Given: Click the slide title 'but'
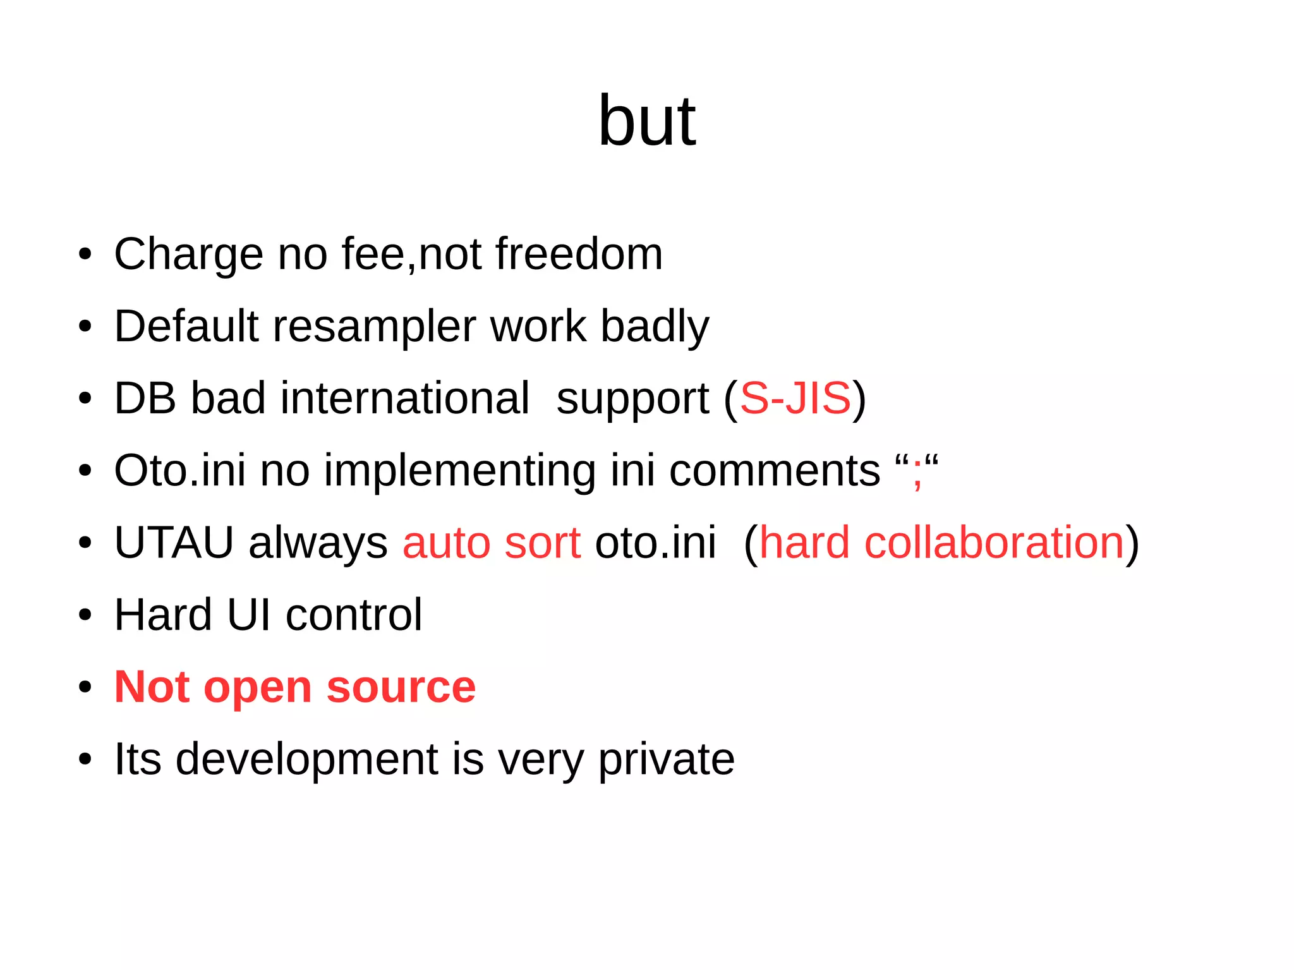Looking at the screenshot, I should point(646,121).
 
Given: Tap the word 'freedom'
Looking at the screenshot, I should point(579,253).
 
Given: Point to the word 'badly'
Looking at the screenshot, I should point(655,327).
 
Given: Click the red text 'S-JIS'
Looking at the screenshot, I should point(795,399).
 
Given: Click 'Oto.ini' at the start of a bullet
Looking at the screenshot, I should point(179,471).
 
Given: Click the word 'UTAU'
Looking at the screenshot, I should point(174,543).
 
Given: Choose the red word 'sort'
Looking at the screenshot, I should point(542,543).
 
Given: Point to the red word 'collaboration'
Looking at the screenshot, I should point(994,543).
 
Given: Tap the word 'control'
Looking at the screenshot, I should point(354,615).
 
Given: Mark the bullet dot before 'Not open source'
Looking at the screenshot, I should point(85,687).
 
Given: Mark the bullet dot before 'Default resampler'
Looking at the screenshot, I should point(85,327).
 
